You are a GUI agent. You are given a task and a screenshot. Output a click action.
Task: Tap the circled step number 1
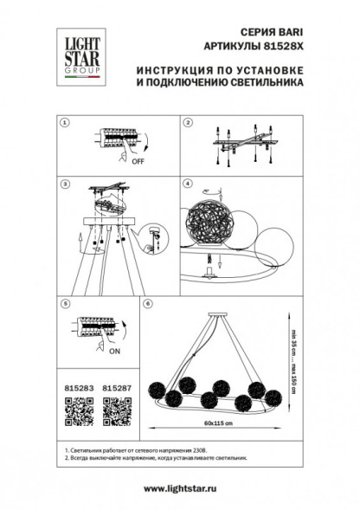[62, 124]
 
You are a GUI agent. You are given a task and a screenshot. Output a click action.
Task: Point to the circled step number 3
[62, 184]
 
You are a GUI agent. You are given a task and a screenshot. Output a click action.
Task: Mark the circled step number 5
[62, 304]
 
